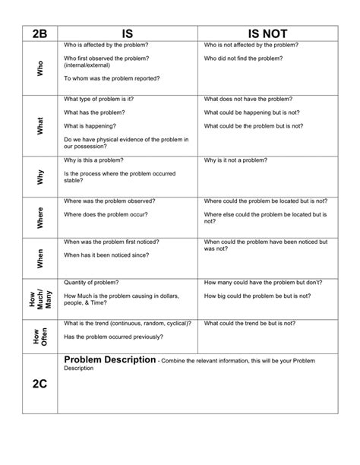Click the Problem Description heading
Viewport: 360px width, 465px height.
click(x=110, y=359)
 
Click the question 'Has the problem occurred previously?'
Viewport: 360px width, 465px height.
click(x=116, y=335)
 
